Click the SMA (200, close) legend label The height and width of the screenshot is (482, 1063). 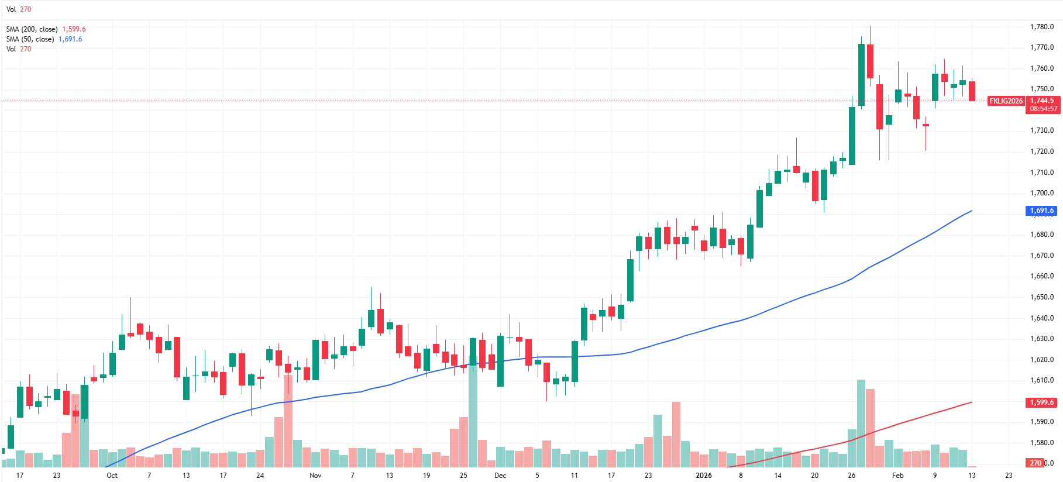coord(32,29)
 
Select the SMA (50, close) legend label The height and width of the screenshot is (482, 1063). coord(30,39)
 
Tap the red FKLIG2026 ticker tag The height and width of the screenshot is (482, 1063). coord(1006,101)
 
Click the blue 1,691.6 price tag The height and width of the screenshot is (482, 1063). coord(1041,211)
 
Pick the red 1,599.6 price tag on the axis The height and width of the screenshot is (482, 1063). coord(1041,402)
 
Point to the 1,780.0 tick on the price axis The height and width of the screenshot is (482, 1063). coord(1041,27)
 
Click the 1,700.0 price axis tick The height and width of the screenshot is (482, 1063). coord(1041,193)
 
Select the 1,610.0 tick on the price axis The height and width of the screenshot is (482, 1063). coord(1041,380)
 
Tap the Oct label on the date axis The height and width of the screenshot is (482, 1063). coord(112,476)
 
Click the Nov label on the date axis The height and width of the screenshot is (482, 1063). coord(315,476)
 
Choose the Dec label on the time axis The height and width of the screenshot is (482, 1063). coord(500,476)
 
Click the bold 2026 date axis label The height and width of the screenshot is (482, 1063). coord(704,476)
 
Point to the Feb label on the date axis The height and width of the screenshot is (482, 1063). coord(897,476)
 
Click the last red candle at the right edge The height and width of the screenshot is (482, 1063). coord(972,91)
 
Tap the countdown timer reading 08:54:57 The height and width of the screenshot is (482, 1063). coord(1044,109)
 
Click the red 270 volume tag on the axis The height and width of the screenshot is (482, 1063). coord(1036,463)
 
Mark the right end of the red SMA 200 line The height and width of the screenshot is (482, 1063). coord(972,402)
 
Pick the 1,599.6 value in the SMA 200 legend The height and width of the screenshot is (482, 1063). coord(74,29)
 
